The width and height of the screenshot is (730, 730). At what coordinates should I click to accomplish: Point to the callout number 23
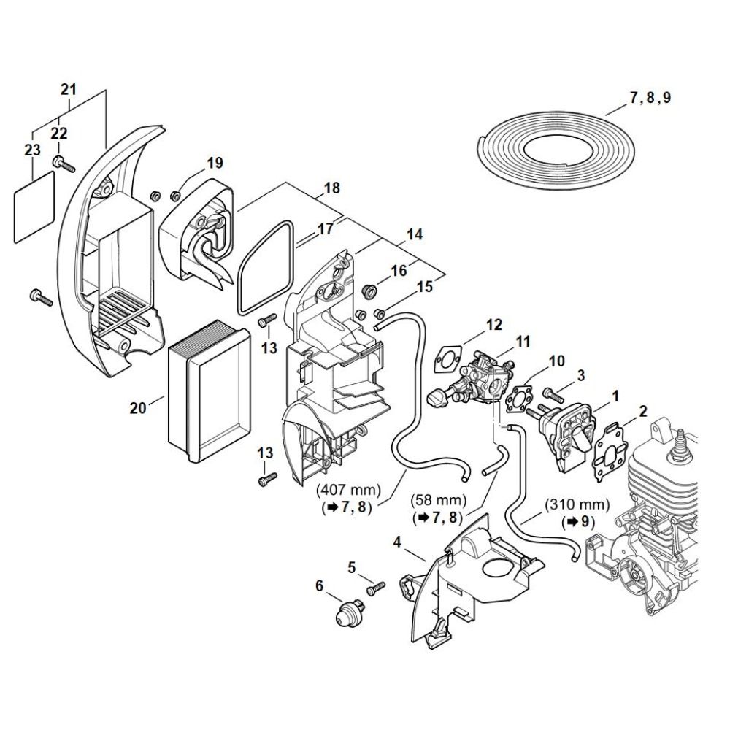[x=32, y=150]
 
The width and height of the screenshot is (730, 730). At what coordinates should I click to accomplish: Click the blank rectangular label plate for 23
[x=36, y=206]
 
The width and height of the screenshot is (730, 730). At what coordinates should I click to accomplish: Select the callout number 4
[x=397, y=542]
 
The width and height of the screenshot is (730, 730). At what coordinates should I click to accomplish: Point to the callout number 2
[x=642, y=411]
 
